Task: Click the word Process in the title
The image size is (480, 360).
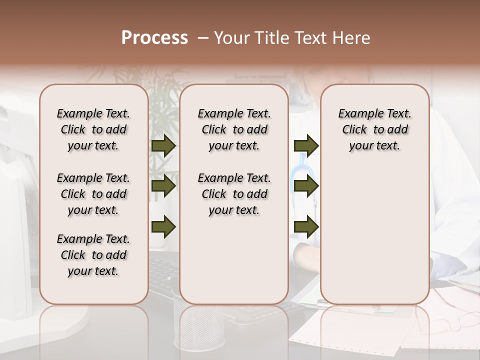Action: pos(154,38)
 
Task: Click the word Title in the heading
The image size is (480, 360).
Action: pos(272,38)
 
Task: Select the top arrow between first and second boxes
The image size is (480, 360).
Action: pos(163,145)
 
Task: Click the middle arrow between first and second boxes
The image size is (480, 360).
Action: pos(163,186)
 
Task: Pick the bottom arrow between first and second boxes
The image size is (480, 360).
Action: pos(163,226)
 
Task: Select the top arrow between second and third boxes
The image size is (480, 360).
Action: pos(306,145)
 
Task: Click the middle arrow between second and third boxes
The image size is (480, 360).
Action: pos(306,186)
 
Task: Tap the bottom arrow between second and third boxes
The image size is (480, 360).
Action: pos(306,226)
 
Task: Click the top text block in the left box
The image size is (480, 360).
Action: pos(93,129)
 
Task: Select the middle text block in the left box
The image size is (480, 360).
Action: pos(93,194)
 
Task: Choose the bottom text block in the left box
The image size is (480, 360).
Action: pos(93,255)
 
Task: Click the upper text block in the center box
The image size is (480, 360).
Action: pos(234,129)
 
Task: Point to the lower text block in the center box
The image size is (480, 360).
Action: pos(234,194)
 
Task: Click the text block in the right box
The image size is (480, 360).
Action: pos(374,129)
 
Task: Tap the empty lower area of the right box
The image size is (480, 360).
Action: pos(374,230)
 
